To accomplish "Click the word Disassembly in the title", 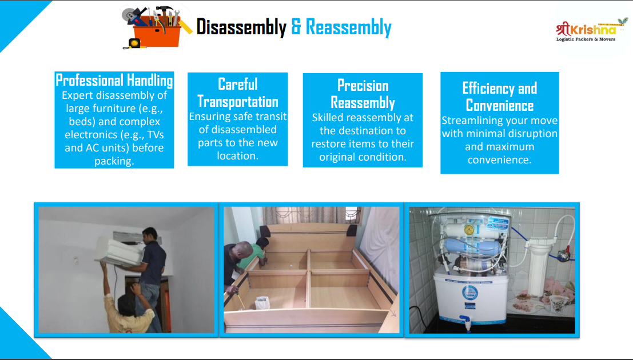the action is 241,27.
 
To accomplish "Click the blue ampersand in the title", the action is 296,27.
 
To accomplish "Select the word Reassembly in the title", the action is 348,27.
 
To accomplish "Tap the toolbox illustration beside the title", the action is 156,27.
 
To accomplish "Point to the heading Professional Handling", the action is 114,80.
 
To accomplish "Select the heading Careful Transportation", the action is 238,93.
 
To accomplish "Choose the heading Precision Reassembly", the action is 363,94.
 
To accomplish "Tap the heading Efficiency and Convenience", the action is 500,97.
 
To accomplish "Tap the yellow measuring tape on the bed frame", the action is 240,299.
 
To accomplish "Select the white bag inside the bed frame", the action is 262,303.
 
